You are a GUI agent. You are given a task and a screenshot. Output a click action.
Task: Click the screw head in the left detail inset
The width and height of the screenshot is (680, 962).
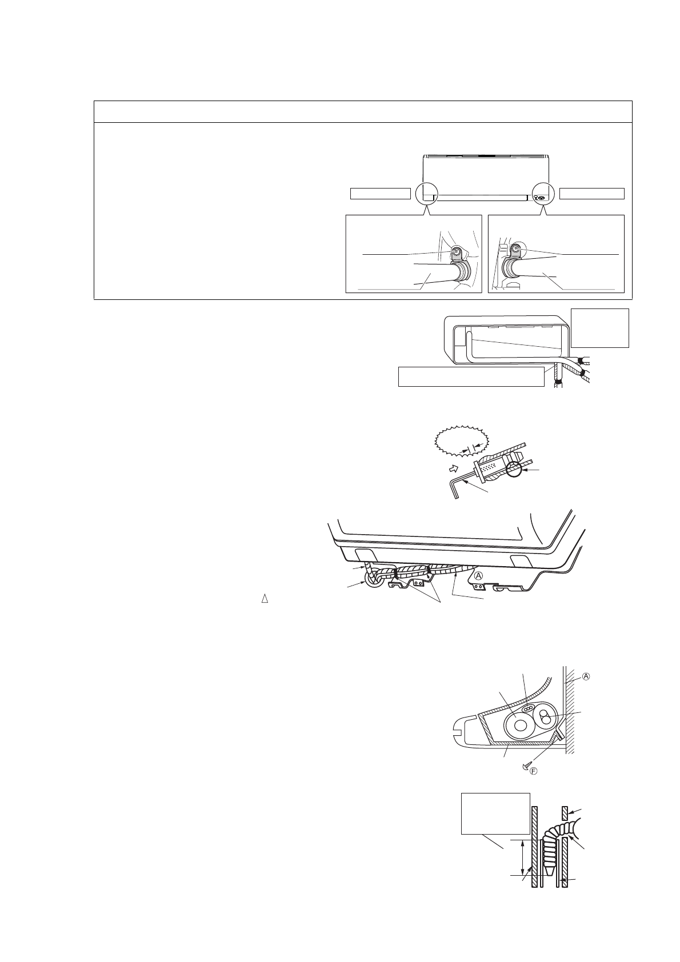point(456,251)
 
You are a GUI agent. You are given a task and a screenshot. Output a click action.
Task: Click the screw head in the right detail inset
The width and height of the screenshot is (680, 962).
point(515,249)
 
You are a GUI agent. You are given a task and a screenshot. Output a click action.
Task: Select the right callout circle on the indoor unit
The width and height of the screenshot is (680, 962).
point(542,194)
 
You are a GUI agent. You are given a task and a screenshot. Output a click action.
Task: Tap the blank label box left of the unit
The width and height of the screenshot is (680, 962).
point(380,194)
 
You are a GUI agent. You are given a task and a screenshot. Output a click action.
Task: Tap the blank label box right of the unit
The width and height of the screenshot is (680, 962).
point(592,194)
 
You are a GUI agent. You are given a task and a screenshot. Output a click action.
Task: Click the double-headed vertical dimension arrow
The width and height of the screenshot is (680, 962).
point(523,857)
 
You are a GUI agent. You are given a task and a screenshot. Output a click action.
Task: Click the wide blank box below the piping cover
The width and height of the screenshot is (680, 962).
point(471,377)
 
